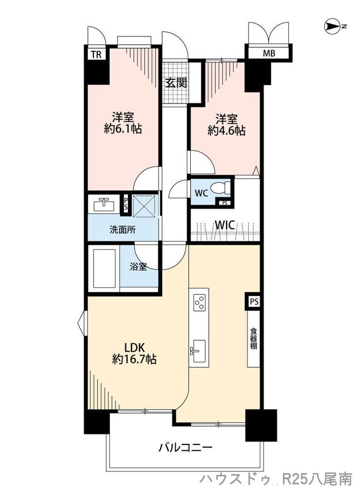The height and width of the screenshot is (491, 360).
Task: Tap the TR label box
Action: coord(96,55)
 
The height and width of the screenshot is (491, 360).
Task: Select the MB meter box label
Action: coord(269,53)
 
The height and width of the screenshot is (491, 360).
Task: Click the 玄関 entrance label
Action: coord(176,83)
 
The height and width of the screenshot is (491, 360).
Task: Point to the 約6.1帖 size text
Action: coord(123,128)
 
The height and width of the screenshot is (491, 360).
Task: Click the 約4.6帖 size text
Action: coord(226,130)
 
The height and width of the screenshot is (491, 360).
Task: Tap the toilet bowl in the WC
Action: coord(220,188)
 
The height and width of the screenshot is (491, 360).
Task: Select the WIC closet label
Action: coord(224,225)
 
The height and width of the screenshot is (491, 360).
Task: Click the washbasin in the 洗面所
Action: coord(104,204)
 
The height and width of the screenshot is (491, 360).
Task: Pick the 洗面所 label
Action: coord(123,230)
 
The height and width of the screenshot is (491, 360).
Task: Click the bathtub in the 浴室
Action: coord(105,268)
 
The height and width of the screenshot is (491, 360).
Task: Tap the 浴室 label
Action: coord(138,267)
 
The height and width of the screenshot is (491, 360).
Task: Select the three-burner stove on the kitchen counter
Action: coord(199,302)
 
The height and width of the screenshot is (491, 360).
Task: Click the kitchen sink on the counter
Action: coord(198,351)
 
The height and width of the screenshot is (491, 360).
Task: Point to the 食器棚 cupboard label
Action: coord(253,338)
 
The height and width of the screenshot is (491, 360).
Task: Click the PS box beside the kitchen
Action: coord(254,302)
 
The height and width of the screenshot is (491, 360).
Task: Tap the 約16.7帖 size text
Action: coord(134,359)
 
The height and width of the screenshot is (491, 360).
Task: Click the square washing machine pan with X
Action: coord(144,205)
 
